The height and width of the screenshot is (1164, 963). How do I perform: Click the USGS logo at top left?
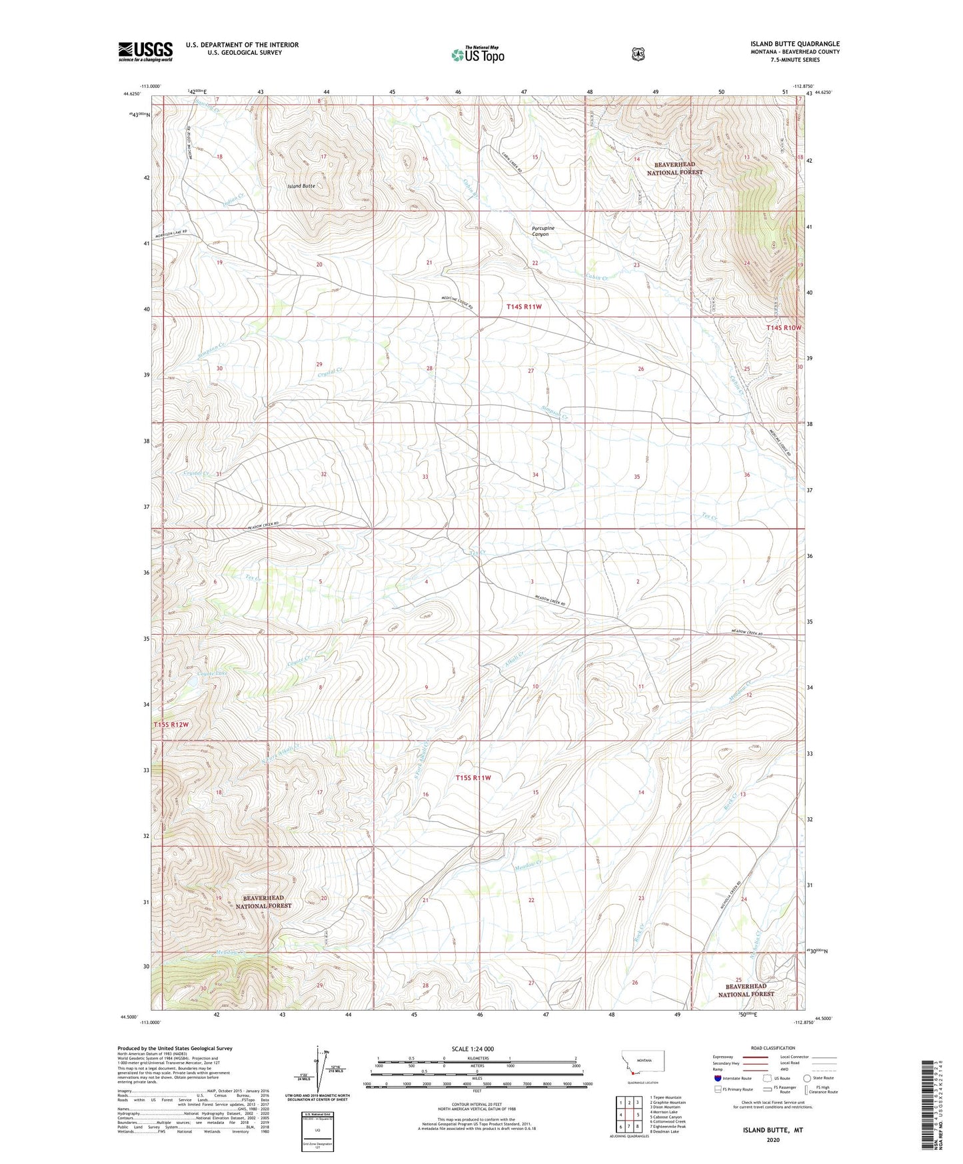(145, 51)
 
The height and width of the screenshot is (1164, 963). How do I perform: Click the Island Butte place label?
(302, 186)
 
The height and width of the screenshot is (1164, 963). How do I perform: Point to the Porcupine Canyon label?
(543, 231)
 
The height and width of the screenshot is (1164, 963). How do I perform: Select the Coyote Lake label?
(213, 674)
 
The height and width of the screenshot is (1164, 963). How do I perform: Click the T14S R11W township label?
(524, 307)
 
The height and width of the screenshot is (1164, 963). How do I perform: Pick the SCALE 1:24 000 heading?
(473, 1049)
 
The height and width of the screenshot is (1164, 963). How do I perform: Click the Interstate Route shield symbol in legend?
(717, 1078)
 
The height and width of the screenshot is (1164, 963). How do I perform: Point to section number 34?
(535, 475)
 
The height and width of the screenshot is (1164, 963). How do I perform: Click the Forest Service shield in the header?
(638, 54)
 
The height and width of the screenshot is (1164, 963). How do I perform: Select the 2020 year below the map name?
(773, 1139)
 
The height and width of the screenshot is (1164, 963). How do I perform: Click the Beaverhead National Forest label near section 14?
(675, 168)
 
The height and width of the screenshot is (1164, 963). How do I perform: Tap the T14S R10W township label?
(783, 328)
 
